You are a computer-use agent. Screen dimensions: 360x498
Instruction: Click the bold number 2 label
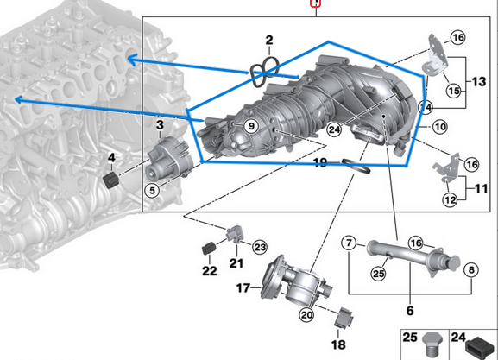point(268,41)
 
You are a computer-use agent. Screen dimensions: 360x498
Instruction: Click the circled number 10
point(439,127)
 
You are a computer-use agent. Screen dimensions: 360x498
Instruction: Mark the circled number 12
point(450,199)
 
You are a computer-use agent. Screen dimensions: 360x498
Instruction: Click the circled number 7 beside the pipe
point(349,243)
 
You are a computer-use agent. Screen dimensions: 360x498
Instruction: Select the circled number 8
point(471,270)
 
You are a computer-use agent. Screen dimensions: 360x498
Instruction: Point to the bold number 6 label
point(410,309)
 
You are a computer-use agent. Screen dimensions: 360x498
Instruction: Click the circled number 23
point(260,247)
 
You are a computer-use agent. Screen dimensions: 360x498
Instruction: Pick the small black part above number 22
point(207,250)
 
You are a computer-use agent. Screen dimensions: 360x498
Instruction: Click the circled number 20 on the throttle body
point(306,315)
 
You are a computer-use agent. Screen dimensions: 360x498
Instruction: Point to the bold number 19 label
point(319,161)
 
